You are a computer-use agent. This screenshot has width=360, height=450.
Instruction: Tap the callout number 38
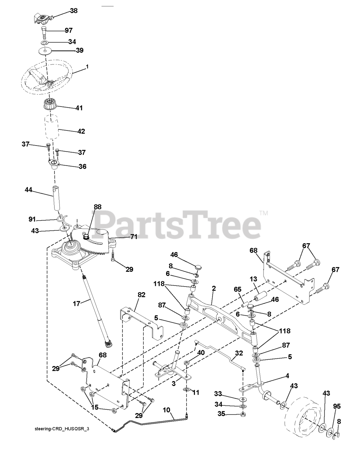point(74,11)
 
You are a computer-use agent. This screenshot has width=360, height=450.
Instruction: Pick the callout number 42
point(81,131)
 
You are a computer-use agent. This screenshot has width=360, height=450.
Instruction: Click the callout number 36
point(82,166)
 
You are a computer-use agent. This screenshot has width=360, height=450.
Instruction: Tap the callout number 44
point(29,190)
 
